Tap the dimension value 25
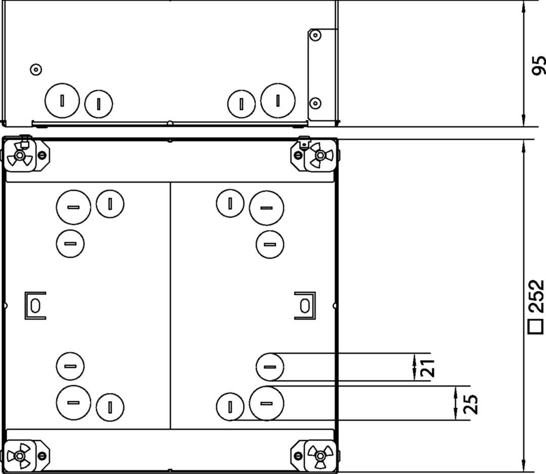click(470, 403)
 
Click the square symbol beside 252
click(535, 327)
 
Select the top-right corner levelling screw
click(318, 155)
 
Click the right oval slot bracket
click(304, 306)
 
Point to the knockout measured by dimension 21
click(270, 367)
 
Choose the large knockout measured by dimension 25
click(266, 403)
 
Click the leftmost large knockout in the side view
click(62, 100)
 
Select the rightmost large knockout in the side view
click(278, 99)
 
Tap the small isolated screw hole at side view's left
click(35, 69)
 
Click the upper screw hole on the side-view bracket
click(315, 35)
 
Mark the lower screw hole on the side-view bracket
click(315, 103)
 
